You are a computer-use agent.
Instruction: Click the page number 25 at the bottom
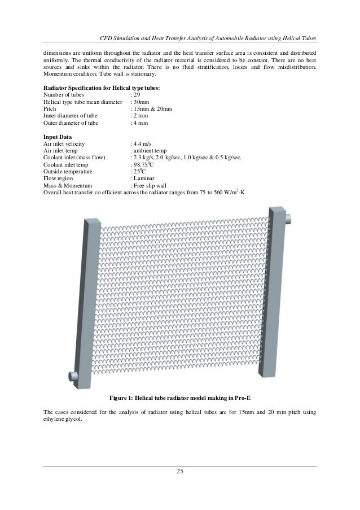pyautogui.click(x=180, y=472)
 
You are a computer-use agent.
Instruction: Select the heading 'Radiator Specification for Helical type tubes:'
pyautogui.click(x=102, y=88)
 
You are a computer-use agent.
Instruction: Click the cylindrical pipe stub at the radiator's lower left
pyautogui.click(x=73, y=375)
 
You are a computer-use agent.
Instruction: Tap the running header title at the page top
pyautogui.click(x=207, y=38)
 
